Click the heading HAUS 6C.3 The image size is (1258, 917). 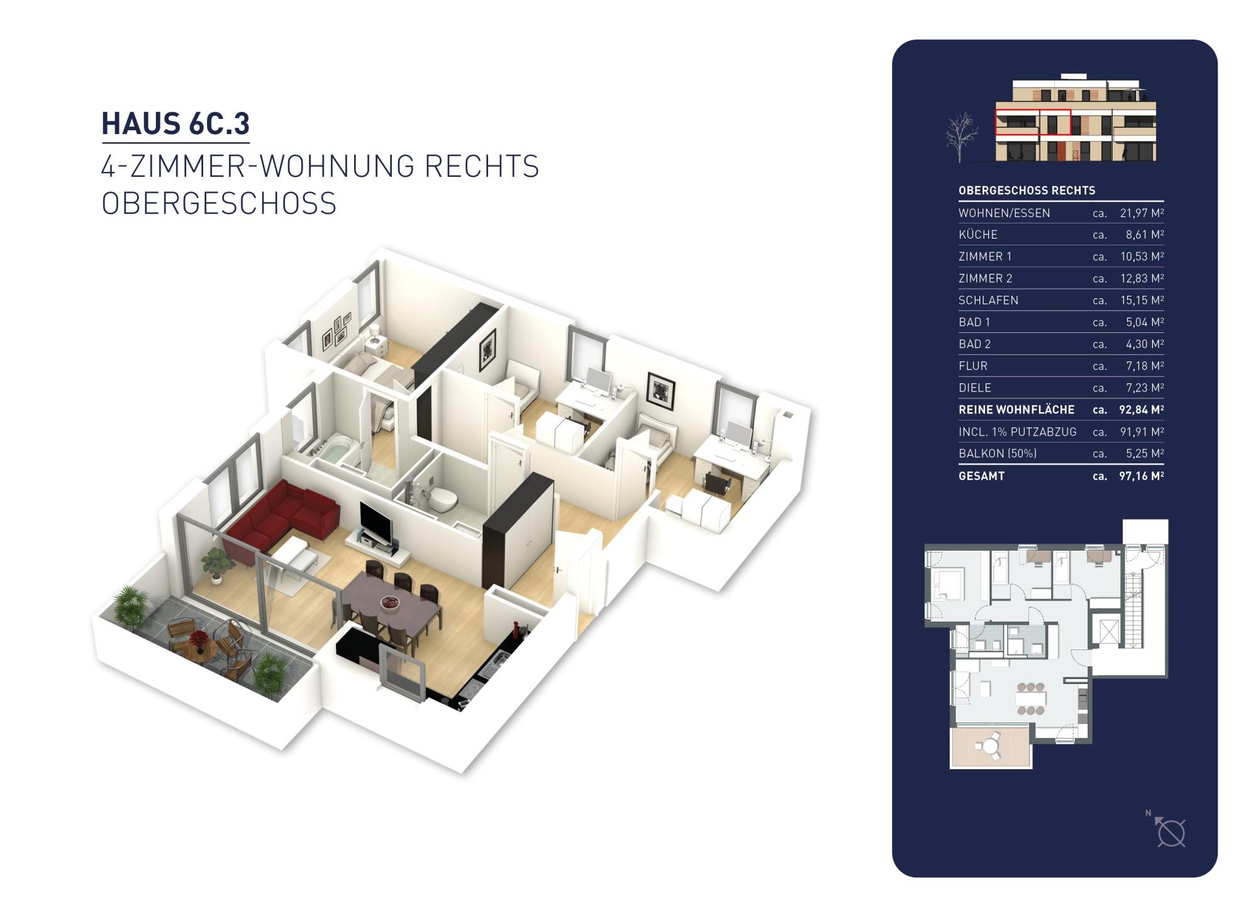tap(175, 123)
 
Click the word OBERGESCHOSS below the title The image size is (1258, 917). tap(219, 203)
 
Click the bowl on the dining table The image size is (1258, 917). tap(389, 604)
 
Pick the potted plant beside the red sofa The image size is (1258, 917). tap(217, 563)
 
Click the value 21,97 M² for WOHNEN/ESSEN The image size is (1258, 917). tap(1141, 213)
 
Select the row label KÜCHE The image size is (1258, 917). tap(978, 235)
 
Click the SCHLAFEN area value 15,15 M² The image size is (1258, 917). tap(1141, 300)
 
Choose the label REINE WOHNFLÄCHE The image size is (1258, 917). tap(1016, 410)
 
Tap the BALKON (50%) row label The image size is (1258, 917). tap(997, 453)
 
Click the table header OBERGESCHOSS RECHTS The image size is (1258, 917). tap(1027, 190)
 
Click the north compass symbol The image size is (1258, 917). tap(1171, 833)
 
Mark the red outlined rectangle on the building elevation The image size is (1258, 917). tap(1032, 123)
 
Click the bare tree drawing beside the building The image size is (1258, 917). tap(961, 137)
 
